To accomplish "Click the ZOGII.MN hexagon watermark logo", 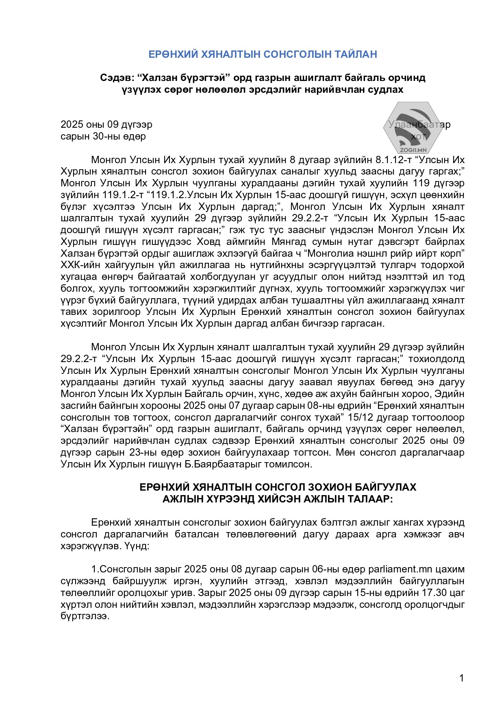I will point(412,127).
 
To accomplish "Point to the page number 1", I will point(461,678).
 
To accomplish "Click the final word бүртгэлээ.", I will point(85,616).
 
